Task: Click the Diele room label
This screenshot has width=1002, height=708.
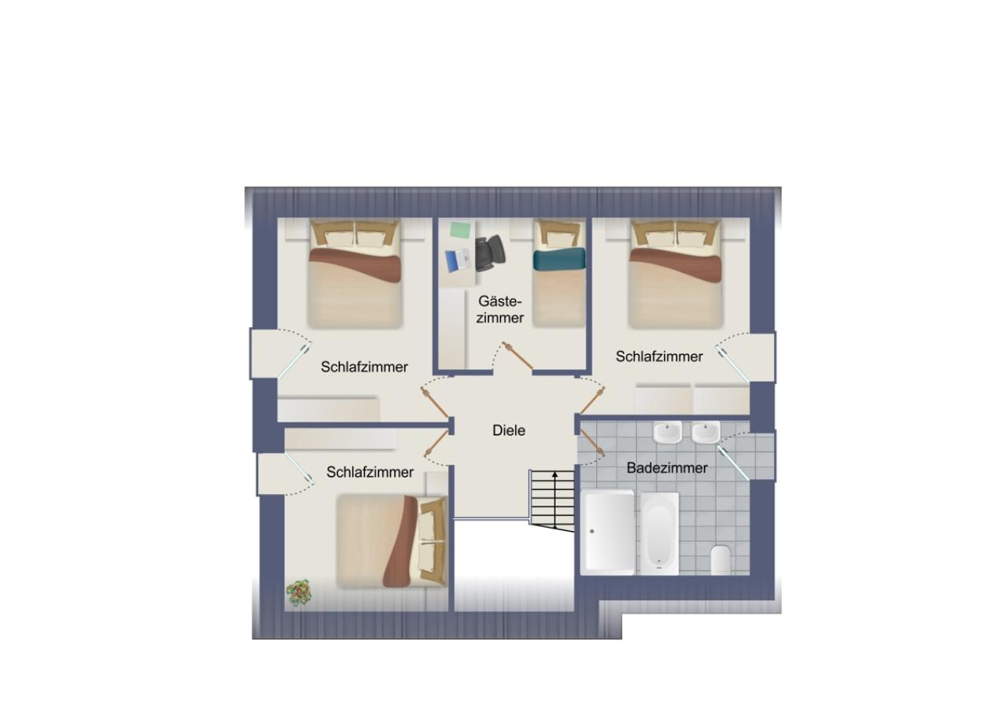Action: click(509, 430)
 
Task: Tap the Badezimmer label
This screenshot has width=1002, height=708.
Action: click(667, 468)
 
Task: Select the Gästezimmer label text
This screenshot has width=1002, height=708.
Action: click(499, 309)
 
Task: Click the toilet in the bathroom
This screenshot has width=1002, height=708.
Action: click(720, 559)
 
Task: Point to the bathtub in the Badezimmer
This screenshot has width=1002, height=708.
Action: click(659, 533)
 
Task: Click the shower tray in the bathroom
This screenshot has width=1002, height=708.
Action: click(610, 533)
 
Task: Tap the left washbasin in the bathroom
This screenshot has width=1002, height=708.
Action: click(668, 433)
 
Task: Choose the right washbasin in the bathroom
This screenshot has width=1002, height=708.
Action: click(705, 433)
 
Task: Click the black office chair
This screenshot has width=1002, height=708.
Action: click(490, 253)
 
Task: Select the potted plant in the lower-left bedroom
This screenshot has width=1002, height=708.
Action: click(299, 592)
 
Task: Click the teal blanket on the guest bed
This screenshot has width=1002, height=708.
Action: click(559, 259)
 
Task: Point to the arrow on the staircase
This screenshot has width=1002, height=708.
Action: click(554, 500)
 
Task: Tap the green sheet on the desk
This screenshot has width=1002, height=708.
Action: click(461, 230)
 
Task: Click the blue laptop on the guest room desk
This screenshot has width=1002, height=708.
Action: click(458, 260)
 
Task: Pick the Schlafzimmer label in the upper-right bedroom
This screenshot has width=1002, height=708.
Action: click(659, 356)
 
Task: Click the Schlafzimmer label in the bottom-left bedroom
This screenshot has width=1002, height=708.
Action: click(370, 472)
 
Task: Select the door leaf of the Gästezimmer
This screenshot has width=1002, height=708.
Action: click(518, 356)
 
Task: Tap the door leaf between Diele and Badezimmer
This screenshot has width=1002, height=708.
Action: click(593, 442)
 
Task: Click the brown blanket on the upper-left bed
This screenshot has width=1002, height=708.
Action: click(355, 265)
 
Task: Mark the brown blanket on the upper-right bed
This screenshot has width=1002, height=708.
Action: click(676, 265)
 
